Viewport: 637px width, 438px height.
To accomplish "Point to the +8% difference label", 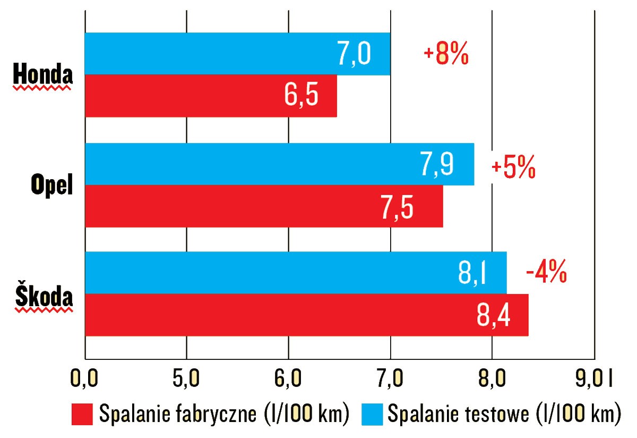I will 446,55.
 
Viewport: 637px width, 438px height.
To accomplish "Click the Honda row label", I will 42,75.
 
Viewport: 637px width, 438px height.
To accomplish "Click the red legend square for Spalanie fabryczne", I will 82,414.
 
